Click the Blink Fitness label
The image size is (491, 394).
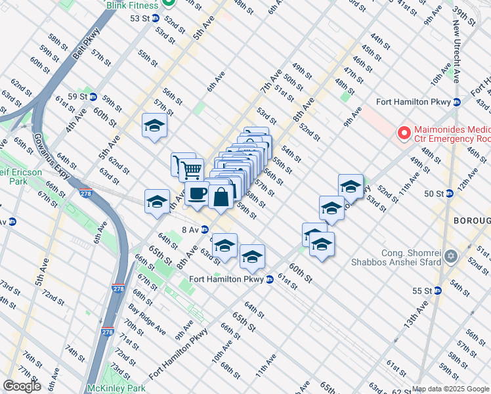pyautogui.click(x=134, y=4)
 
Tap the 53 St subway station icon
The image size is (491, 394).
pyautogui.click(x=156, y=18)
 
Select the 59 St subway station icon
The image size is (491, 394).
pyautogui.click(x=93, y=97)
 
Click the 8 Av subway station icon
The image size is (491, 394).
pyautogui.click(x=205, y=230)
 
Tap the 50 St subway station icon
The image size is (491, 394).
pyautogui.click(x=450, y=194)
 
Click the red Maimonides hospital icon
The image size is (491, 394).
pyautogui.click(x=404, y=133)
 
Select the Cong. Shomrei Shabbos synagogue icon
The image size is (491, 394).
pyautogui.click(x=450, y=255)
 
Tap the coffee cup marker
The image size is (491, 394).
pyautogui.click(x=198, y=194)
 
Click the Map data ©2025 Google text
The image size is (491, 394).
pyautogui.click(x=450, y=389)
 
